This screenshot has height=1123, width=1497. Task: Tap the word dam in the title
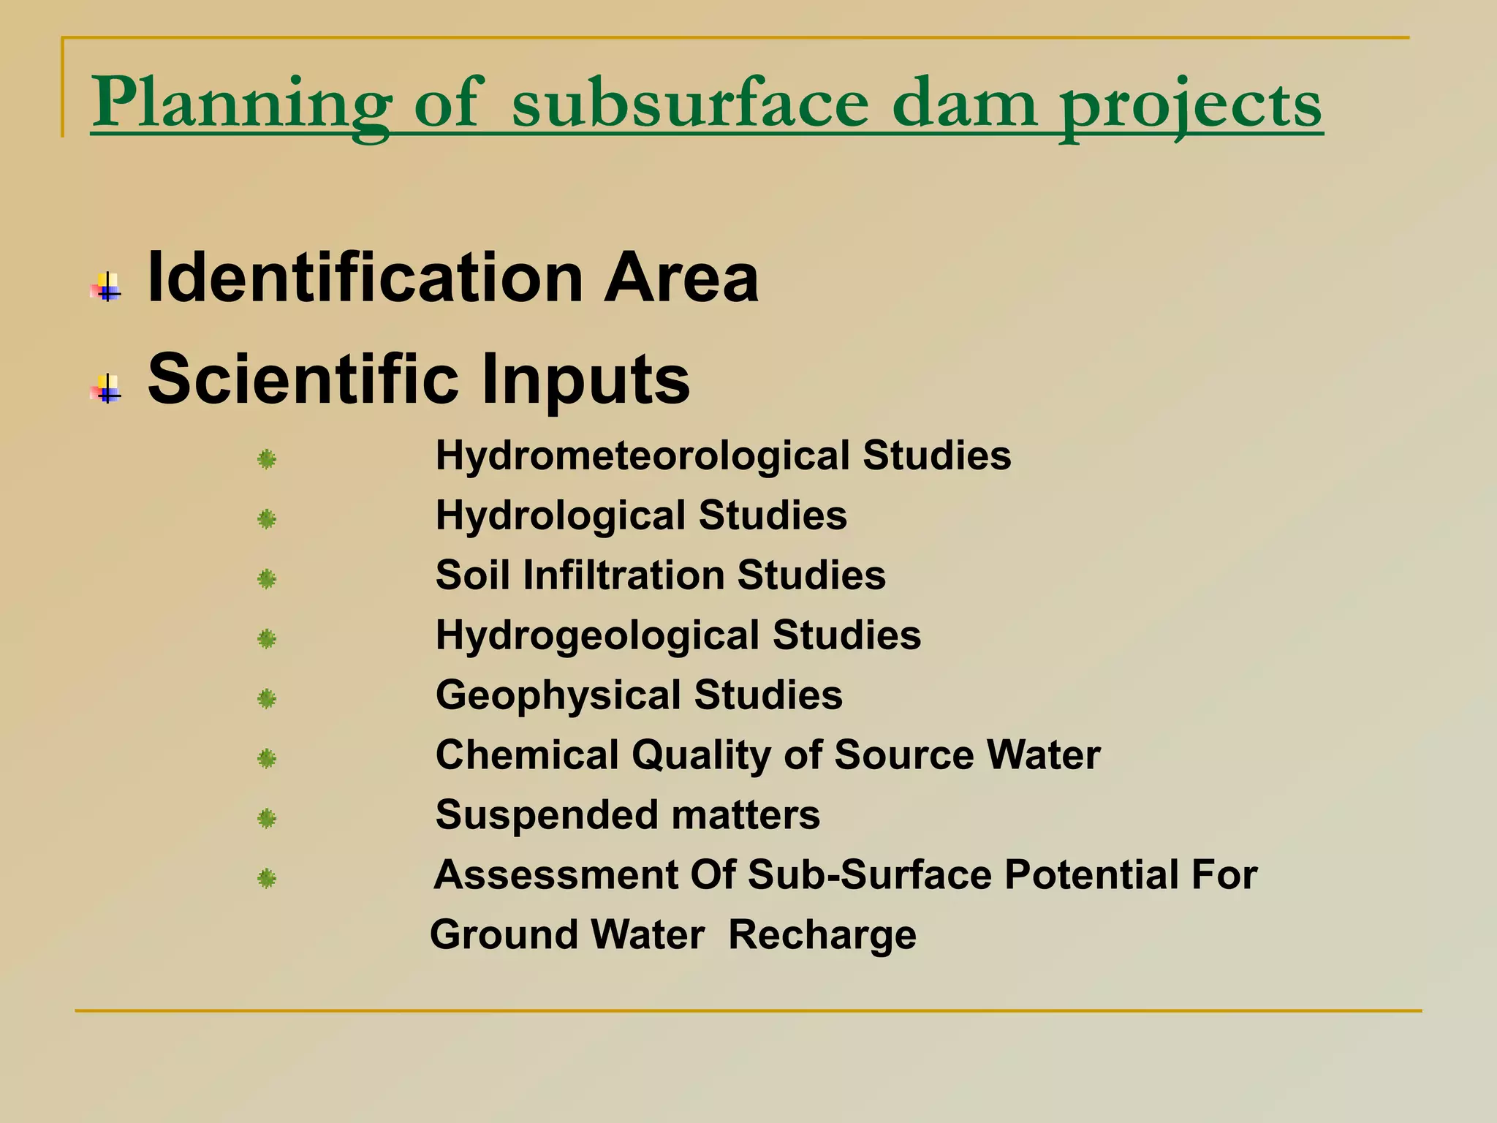(x=964, y=104)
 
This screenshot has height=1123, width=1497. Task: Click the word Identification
(x=365, y=278)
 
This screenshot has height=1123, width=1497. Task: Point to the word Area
(x=681, y=278)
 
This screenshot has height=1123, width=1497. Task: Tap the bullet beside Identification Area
(x=107, y=286)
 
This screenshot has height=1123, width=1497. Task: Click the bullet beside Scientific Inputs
(x=107, y=387)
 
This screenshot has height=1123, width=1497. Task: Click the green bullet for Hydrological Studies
(x=267, y=520)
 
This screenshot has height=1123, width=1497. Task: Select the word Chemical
(x=526, y=755)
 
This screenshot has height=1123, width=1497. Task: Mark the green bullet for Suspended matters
(x=267, y=818)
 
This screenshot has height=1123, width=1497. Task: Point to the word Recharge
(x=822, y=935)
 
